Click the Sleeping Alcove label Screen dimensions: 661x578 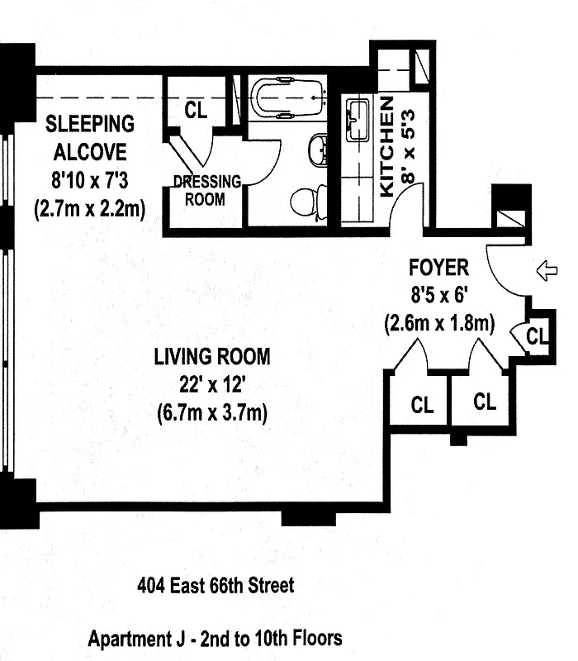pyautogui.click(x=90, y=138)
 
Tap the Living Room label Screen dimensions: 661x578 pyautogui.click(x=212, y=357)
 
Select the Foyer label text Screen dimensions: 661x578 pyautogui.click(x=438, y=268)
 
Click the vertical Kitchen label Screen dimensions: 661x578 pyautogui.click(x=386, y=148)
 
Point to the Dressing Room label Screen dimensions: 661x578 pyautogui.click(x=206, y=190)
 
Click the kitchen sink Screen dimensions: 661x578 pyautogui.click(x=358, y=121)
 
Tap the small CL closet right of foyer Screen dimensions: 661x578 pyautogui.click(x=536, y=336)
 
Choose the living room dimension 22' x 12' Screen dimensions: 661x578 pyautogui.click(x=212, y=385)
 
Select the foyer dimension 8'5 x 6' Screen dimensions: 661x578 pyautogui.click(x=438, y=296)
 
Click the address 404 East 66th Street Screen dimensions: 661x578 pyautogui.click(x=215, y=587)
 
